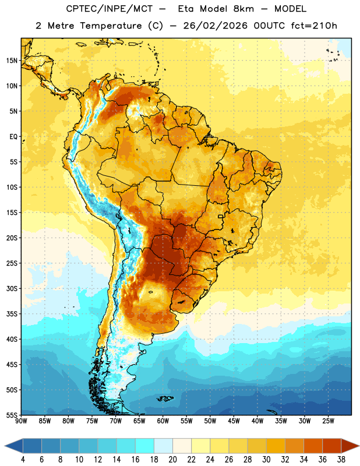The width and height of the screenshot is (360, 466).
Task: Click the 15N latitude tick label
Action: point(12,61)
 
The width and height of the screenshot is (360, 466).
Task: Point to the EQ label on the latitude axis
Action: point(13,137)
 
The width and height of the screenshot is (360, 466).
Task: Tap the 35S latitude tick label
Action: point(12,314)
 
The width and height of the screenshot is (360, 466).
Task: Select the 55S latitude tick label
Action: point(12,415)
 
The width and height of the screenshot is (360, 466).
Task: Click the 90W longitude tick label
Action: point(21,421)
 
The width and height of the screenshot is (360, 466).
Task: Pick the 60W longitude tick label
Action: point(163,421)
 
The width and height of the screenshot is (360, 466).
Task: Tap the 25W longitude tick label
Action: point(328,421)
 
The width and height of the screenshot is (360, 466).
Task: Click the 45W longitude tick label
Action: point(234,421)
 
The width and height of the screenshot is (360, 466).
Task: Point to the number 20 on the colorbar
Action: point(172,460)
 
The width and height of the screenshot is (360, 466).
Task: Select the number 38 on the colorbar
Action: point(341,460)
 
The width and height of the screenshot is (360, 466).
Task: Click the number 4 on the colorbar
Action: point(23,460)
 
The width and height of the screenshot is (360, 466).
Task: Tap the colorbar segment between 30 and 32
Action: point(276,446)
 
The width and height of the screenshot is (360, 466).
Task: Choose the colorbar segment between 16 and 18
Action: point(145,446)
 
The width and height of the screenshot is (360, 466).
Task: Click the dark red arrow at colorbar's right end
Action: point(350,446)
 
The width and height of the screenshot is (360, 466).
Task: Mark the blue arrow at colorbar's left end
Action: point(13,446)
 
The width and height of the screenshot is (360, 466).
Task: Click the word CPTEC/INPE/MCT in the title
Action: point(110,9)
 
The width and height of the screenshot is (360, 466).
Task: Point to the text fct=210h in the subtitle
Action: point(314,26)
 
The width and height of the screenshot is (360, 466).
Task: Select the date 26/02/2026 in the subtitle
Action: point(215,26)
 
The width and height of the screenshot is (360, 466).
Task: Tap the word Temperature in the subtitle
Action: point(111,26)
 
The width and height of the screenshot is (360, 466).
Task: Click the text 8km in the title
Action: point(243,9)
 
